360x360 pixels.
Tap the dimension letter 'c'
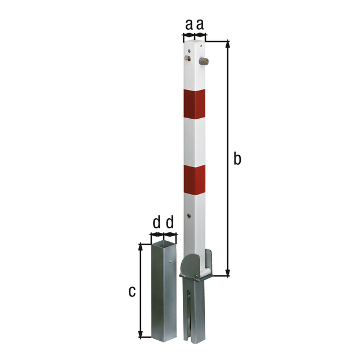click(x=131, y=291)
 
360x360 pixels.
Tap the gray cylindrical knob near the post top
click(x=205, y=62)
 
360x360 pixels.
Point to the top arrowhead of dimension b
click(x=228, y=43)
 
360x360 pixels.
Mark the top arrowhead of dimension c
click(x=140, y=245)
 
